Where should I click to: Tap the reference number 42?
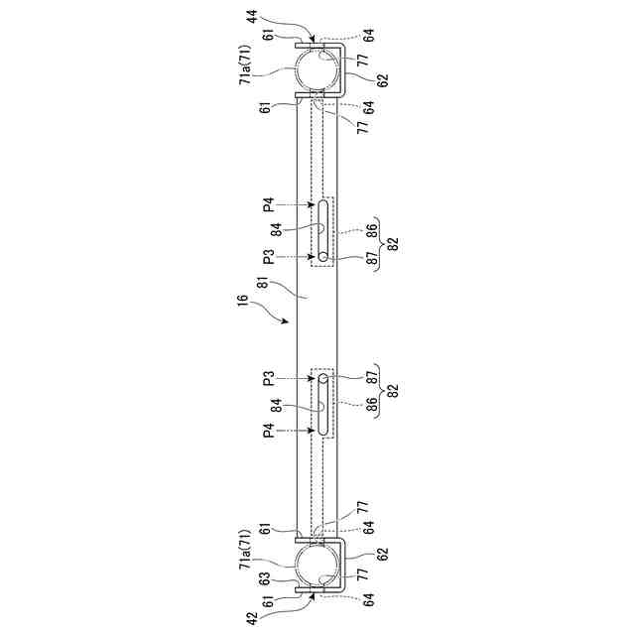[x=252, y=618]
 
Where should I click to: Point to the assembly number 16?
[x=242, y=301]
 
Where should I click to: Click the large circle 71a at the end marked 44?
[x=317, y=67]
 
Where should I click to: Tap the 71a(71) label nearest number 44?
[x=246, y=64]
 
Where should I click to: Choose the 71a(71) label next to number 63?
[x=246, y=552]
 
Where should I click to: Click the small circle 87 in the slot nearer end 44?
[x=322, y=256]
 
